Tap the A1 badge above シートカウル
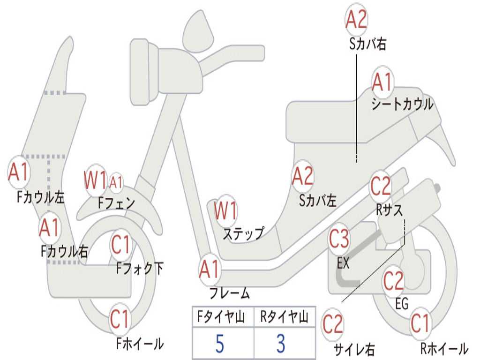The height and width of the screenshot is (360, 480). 382,82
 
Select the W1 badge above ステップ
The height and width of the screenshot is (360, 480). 225,211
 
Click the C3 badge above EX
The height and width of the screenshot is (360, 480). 339,239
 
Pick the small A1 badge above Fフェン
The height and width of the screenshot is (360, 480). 116,183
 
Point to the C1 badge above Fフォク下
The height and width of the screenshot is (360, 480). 120,245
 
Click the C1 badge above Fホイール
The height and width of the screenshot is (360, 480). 120,319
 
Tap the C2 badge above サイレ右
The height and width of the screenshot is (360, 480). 333,324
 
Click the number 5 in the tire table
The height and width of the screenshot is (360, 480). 220,344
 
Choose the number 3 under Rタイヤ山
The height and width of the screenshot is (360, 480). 281,344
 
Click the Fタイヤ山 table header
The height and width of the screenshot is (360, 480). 221,317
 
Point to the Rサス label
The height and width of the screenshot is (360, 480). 390,210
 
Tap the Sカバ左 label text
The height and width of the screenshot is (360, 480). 318,201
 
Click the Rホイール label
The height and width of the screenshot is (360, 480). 444,348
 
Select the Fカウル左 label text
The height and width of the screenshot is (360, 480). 41,197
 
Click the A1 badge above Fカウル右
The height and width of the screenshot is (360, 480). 49,228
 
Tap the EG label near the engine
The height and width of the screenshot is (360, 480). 402,304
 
